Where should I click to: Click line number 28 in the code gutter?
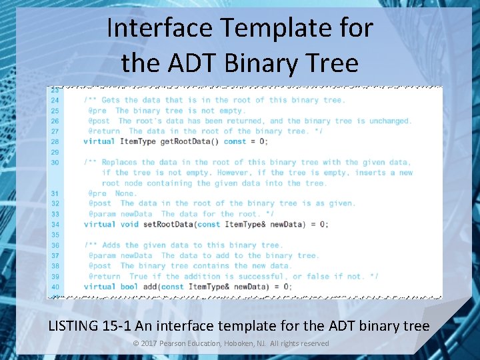(55, 141)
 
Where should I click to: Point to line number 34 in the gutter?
(55, 225)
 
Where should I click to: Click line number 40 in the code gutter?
(55, 287)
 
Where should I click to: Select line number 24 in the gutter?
(55, 100)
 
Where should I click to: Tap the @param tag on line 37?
(102, 255)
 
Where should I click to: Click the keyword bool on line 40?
(129, 287)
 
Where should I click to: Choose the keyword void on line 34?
(129, 225)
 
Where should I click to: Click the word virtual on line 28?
(99, 141)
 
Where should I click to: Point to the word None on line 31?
(126, 193)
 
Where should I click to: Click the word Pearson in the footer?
(177, 343)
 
